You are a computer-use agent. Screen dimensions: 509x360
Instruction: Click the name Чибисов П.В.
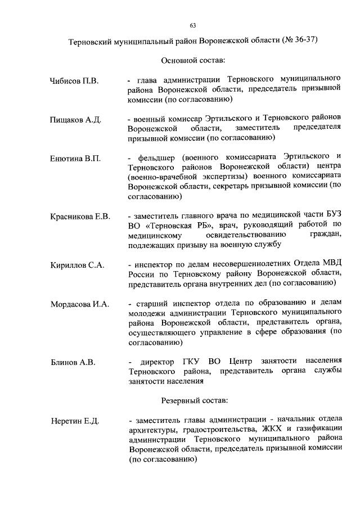pyautogui.click(x=74, y=82)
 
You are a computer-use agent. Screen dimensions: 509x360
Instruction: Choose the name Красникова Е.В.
pyautogui.click(x=80, y=217)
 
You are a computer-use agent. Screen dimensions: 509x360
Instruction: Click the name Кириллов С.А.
pyautogui.click(x=77, y=265)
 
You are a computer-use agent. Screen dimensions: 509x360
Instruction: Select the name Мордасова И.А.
pyautogui.click(x=79, y=304)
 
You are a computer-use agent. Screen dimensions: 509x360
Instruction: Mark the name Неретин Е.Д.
pyautogui.click(x=74, y=421)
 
